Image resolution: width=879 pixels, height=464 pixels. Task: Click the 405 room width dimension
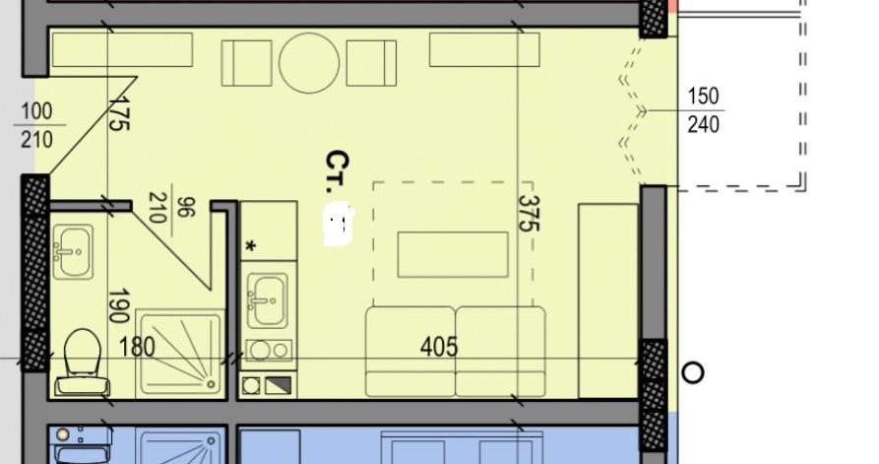pyautogui.click(x=439, y=347)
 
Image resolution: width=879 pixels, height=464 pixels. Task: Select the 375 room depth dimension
pyautogui.click(x=528, y=213)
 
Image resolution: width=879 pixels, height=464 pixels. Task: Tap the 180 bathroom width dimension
pyautogui.click(x=137, y=347)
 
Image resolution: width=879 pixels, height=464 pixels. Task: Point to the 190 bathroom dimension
pyautogui.click(x=118, y=306)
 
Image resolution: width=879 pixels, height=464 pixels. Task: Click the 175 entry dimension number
pyautogui.click(x=119, y=112)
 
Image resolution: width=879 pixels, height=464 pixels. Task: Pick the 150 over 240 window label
pyautogui.click(x=703, y=110)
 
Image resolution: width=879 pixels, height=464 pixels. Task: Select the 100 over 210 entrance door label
pyautogui.click(x=37, y=125)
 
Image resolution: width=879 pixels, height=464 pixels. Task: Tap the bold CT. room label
pyautogui.click(x=338, y=171)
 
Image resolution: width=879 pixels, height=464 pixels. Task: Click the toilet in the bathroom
pyautogui.click(x=83, y=363)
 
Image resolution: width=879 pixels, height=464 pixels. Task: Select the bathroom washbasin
pyautogui.click(x=73, y=252)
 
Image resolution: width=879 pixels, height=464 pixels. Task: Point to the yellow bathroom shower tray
pyautogui.click(x=180, y=353)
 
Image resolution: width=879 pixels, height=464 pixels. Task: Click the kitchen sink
pyautogui.click(x=268, y=300)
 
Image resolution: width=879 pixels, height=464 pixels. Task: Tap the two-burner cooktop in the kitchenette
pyautogui.click(x=269, y=351)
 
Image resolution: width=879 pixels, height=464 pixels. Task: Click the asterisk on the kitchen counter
pyautogui.click(x=251, y=245)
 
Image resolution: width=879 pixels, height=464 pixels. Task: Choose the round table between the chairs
pyautogui.click(x=309, y=63)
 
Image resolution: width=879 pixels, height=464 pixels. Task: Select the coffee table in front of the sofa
pyautogui.click(x=453, y=255)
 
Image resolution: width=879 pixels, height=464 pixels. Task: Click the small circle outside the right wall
pyautogui.click(x=693, y=372)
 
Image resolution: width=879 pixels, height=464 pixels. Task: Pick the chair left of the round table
pyautogui.click(x=247, y=63)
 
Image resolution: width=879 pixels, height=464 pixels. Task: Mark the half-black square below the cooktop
pyautogui.click(x=279, y=385)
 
